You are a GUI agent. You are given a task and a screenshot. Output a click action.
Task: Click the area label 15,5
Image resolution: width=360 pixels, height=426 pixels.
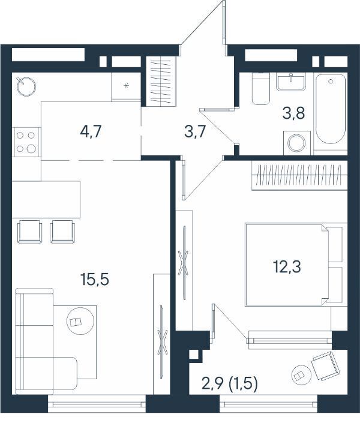[95, 279]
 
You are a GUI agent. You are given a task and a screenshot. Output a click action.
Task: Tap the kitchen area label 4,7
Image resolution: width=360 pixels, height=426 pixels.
[91, 131]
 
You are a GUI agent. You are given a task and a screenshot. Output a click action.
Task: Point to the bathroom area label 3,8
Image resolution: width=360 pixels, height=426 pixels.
[293, 113]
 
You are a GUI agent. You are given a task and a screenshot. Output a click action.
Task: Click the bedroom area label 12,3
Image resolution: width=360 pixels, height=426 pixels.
[287, 266]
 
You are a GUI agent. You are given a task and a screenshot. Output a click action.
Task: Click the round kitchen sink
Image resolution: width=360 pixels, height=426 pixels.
[26, 86]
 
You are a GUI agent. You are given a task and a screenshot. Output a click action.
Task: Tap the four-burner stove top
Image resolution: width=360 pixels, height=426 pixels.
[26, 142]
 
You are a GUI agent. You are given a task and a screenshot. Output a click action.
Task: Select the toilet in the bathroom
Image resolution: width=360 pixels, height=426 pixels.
[261, 89]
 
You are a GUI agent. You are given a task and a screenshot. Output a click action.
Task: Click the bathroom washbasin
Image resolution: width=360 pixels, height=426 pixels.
[291, 82]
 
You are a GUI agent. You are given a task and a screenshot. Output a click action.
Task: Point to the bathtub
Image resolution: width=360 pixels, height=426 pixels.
[331, 109]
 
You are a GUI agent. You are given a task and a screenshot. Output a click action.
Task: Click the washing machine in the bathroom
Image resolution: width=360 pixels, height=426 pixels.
[296, 143]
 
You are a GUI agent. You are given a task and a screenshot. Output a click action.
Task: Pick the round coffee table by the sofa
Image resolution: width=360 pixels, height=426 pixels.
[80, 320]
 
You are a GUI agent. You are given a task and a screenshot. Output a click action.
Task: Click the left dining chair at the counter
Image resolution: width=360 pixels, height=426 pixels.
[30, 231]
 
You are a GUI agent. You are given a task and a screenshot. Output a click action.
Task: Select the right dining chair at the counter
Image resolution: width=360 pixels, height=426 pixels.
[63, 231]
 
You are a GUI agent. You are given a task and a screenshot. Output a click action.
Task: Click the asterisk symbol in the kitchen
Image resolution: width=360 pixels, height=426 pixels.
[126, 86]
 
